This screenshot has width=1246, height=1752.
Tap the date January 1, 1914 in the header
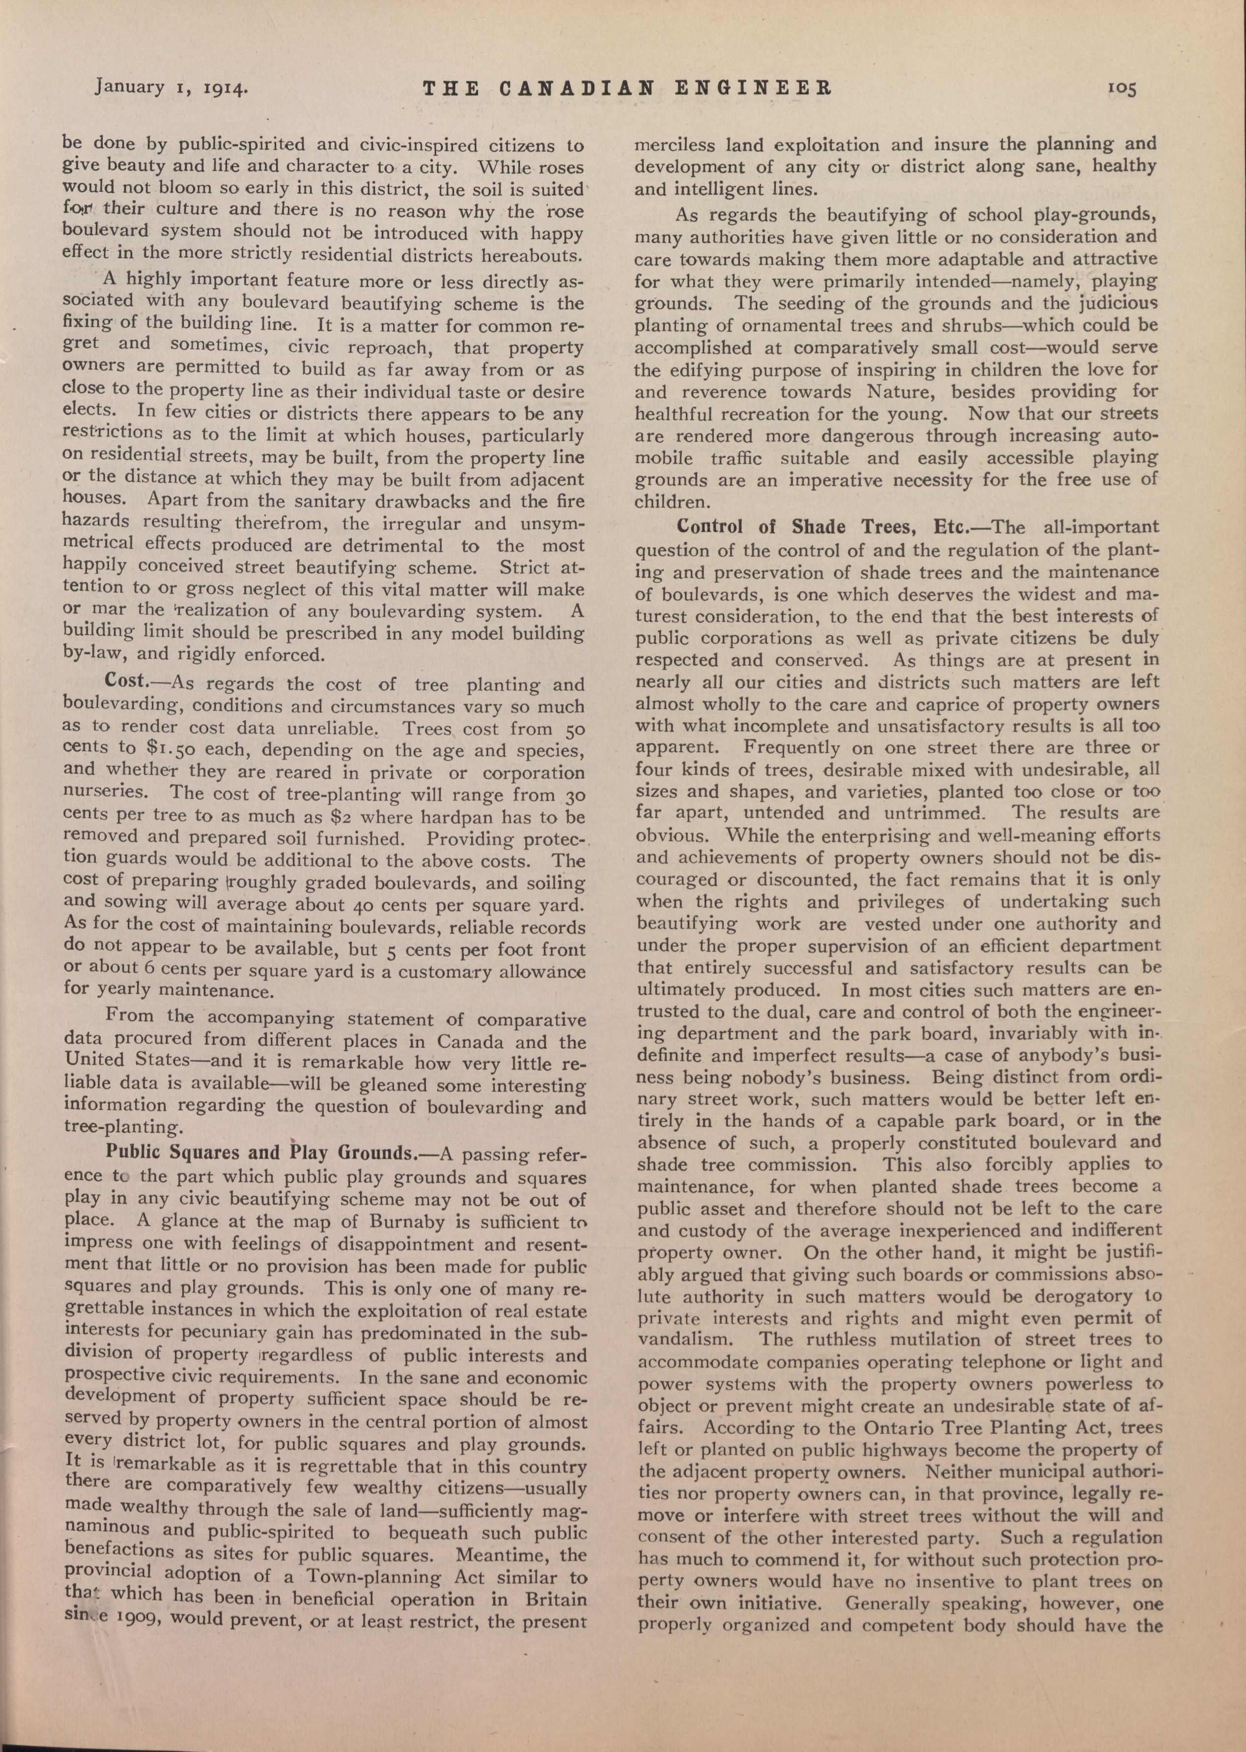(x=170, y=86)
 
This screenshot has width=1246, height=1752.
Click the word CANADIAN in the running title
(x=577, y=88)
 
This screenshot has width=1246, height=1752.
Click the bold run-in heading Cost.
(x=127, y=681)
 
